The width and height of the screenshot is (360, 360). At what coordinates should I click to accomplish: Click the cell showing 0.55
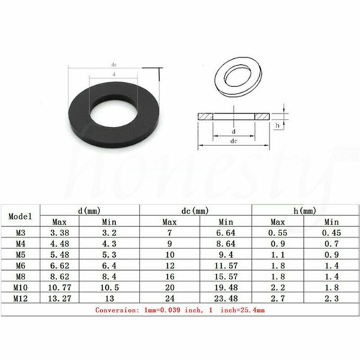click(x=278, y=233)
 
